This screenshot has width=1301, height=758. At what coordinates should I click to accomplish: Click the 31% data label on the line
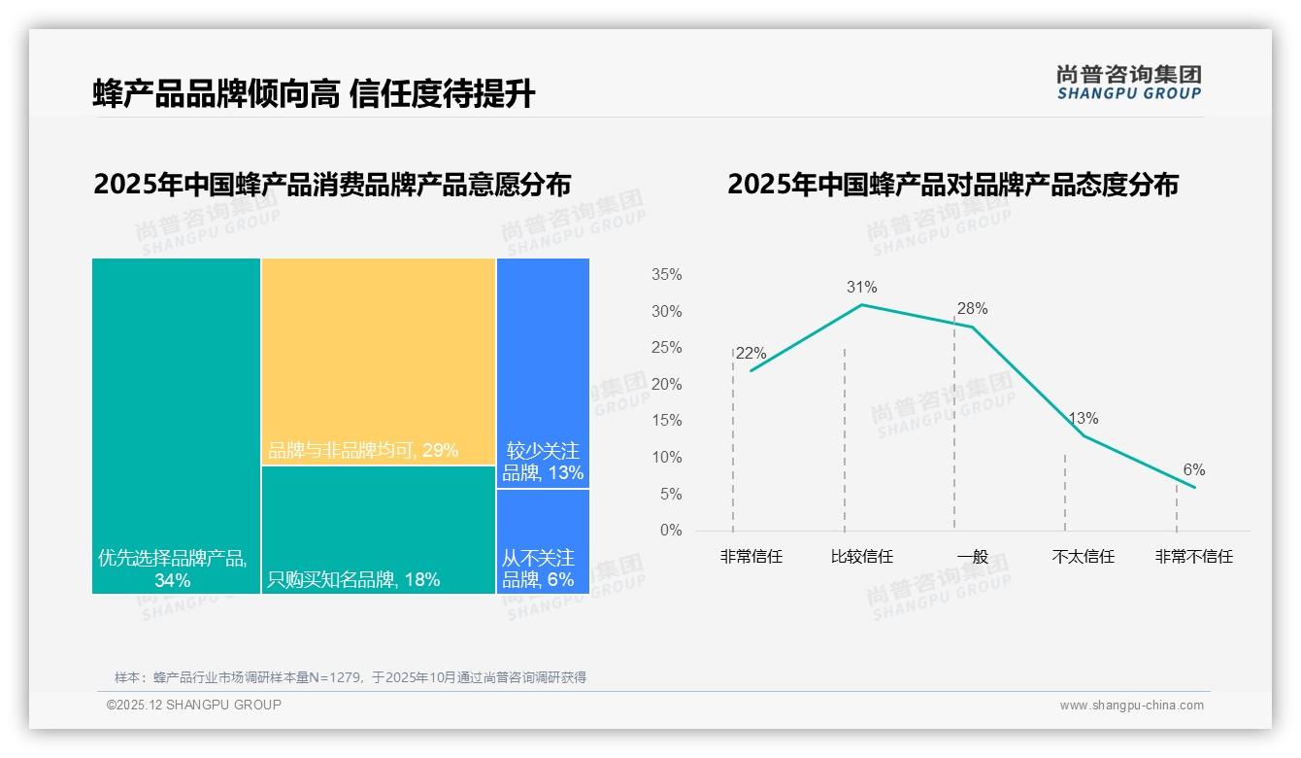(x=861, y=287)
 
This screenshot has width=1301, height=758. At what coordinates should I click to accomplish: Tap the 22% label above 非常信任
(x=751, y=354)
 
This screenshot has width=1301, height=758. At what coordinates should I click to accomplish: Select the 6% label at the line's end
(x=1193, y=470)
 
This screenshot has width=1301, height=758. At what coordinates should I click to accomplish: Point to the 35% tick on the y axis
(x=666, y=275)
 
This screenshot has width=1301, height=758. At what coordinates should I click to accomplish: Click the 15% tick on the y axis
(x=666, y=421)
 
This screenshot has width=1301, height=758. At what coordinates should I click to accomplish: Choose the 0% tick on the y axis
(x=670, y=531)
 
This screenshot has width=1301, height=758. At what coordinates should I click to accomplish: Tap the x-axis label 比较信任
(x=861, y=557)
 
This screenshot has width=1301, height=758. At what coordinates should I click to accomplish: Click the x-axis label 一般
(x=972, y=557)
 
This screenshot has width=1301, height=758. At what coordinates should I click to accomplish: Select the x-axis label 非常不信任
(x=1193, y=557)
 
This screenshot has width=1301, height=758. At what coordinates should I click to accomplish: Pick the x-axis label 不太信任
(x=1083, y=557)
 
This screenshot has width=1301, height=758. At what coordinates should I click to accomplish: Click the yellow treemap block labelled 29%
(x=379, y=360)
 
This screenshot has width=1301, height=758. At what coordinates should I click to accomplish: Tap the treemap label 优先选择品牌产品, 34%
(x=173, y=569)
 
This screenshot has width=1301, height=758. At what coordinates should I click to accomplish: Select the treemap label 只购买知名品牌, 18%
(x=353, y=580)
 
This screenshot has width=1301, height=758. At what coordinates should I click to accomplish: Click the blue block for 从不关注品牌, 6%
(x=543, y=541)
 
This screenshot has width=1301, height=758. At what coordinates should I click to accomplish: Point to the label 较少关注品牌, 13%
(x=543, y=463)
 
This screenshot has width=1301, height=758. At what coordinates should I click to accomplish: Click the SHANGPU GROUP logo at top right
(x=1128, y=83)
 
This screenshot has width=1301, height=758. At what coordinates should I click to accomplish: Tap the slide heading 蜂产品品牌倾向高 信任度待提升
(x=314, y=94)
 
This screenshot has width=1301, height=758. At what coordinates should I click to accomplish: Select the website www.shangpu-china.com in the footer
(x=1131, y=706)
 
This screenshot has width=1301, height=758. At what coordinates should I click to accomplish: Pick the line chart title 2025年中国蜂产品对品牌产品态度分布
(x=952, y=185)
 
